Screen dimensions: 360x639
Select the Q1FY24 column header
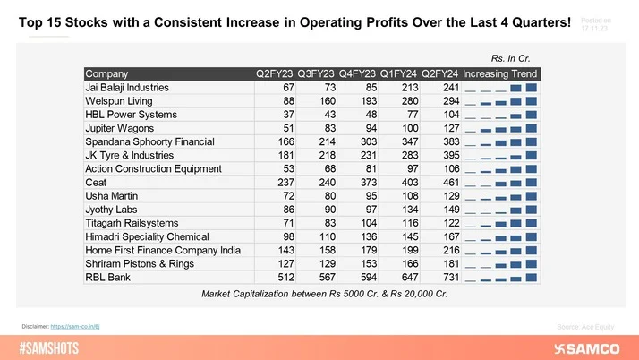point(397,74)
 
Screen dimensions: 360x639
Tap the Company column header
point(106,74)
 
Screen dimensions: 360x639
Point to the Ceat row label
point(96,181)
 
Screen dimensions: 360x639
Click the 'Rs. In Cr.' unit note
point(518,57)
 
